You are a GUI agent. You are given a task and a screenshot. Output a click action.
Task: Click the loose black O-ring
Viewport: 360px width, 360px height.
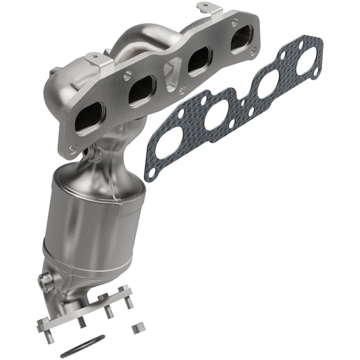click(x=82, y=346)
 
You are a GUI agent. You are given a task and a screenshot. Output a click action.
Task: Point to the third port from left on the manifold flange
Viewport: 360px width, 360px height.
click(x=199, y=61)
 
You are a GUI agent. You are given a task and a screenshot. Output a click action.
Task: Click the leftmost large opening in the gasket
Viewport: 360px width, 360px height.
click(x=168, y=143)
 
